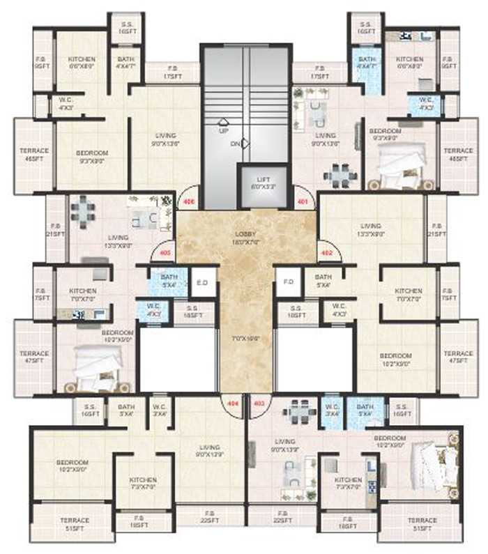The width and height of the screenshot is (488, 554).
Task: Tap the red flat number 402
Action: coord(326,252)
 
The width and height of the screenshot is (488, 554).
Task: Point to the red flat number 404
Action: coord(231,403)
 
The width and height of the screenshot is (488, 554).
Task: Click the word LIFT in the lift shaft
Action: coord(264,180)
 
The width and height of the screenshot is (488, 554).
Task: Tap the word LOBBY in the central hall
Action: coord(244,236)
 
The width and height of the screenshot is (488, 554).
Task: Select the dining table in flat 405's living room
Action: coord(83,210)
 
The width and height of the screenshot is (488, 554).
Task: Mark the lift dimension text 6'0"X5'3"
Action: coord(264,188)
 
